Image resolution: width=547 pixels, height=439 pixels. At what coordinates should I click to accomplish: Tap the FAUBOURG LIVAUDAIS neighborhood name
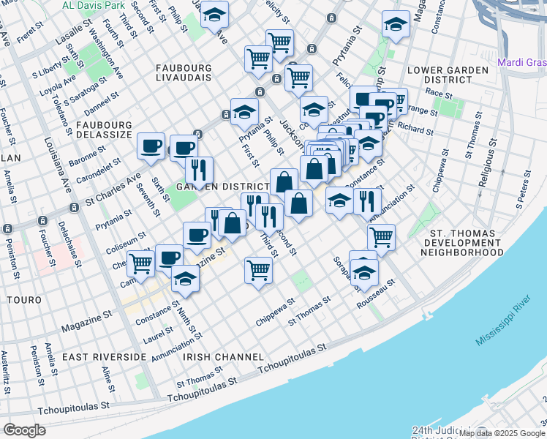pyautogui.click(x=184, y=72)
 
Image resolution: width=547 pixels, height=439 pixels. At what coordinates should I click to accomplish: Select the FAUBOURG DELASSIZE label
pyautogui.click(x=103, y=130)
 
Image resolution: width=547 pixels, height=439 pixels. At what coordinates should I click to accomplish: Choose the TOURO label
pyautogui.click(x=23, y=300)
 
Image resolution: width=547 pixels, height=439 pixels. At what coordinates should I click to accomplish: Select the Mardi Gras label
pyautogui.click(x=521, y=62)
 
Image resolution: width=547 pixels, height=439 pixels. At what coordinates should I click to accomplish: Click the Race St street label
pyautogui.click(x=440, y=94)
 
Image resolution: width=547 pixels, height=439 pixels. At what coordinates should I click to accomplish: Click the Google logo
pyautogui.click(x=26, y=430)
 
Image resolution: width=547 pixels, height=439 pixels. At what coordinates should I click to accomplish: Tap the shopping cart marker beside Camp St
pyautogui.click(x=141, y=263)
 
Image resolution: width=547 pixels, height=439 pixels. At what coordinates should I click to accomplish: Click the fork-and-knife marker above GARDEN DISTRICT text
pyautogui.click(x=199, y=170)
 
